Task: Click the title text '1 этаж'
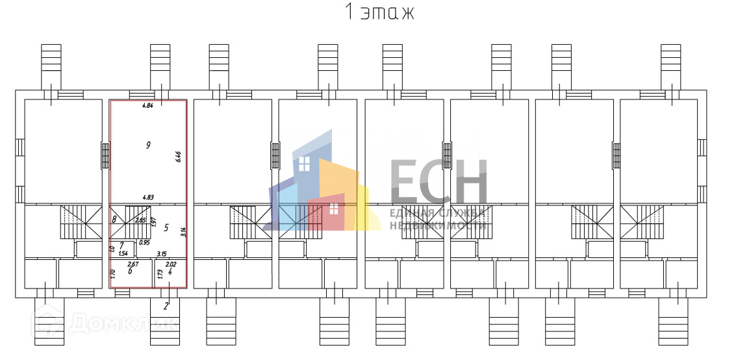coord(378,12)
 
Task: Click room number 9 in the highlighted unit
coord(149,145)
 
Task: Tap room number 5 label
coord(166,227)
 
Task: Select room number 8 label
coord(114,220)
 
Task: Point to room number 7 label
coord(121,244)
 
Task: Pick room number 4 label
coord(170,272)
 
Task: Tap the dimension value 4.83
coord(148,197)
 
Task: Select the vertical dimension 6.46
coord(179,157)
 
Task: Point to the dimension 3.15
coord(162,253)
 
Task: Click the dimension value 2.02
coord(171,264)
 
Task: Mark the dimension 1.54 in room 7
coord(123,253)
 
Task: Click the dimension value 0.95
coord(144,242)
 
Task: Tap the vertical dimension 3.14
coord(184,231)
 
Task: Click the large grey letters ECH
coord(438,182)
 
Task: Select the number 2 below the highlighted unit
coord(166,306)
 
